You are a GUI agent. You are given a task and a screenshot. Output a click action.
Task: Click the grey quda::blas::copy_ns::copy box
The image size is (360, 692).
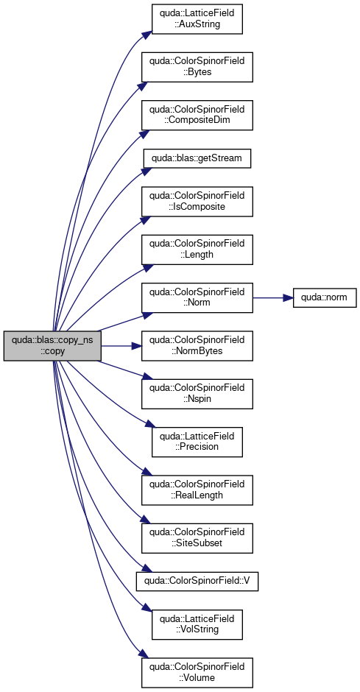pyautogui.click(x=52, y=345)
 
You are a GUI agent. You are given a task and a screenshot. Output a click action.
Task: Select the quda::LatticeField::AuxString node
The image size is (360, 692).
pyautogui.click(x=197, y=19)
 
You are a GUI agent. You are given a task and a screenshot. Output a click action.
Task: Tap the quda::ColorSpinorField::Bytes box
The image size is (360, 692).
pyautogui.click(x=197, y=67)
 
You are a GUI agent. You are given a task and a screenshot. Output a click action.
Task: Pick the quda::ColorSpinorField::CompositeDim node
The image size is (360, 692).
pyautogui.click(x=197, y=115)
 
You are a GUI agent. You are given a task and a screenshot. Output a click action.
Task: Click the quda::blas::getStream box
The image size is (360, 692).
pyautogui.click(x=197, y=158)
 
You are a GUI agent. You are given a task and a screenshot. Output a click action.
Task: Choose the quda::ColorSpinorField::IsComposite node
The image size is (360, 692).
pyautogui.click(x=197, y=202)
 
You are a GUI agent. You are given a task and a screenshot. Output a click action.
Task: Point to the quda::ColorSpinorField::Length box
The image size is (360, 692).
pyautogui.click(x=197, y=250)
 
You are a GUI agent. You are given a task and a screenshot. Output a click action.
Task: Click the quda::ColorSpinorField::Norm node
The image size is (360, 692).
pyautogui.click(x=197, y=298)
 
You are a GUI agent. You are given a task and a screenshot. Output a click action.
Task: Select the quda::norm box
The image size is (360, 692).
pyautogui.click(x=325, y=298)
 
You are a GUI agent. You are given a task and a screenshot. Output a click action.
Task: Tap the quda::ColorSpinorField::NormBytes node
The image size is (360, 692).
pyautogui.click(x=197, y=345)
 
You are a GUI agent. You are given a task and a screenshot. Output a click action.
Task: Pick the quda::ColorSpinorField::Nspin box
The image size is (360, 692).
pyautogui.click(x=197, y=394)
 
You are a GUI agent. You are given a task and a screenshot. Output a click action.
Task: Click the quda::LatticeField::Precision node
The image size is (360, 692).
pyautogui.click(x=197, y=442)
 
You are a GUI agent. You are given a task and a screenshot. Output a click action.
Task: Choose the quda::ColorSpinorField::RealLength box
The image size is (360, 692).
pyautogui.click(x=197, y=490)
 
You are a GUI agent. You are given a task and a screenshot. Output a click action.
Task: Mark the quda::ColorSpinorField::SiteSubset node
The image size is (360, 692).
pyautogui.click(x=197, y=538)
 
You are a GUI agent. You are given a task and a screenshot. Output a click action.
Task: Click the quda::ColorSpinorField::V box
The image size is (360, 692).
pyautogui.click(x=197, y=582)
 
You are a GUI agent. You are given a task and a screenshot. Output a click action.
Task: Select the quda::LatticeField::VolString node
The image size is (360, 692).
pyautogui.click(x=197, y=624)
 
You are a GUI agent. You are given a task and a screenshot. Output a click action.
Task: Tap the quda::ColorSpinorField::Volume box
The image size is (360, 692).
pyautogui.click(x=197, y=673)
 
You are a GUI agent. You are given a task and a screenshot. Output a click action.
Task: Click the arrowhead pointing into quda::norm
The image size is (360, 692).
pyautogui.click(x=288, y=298)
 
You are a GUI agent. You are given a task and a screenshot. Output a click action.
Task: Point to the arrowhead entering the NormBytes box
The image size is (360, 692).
pyautogui.click(x=136, y=345)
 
